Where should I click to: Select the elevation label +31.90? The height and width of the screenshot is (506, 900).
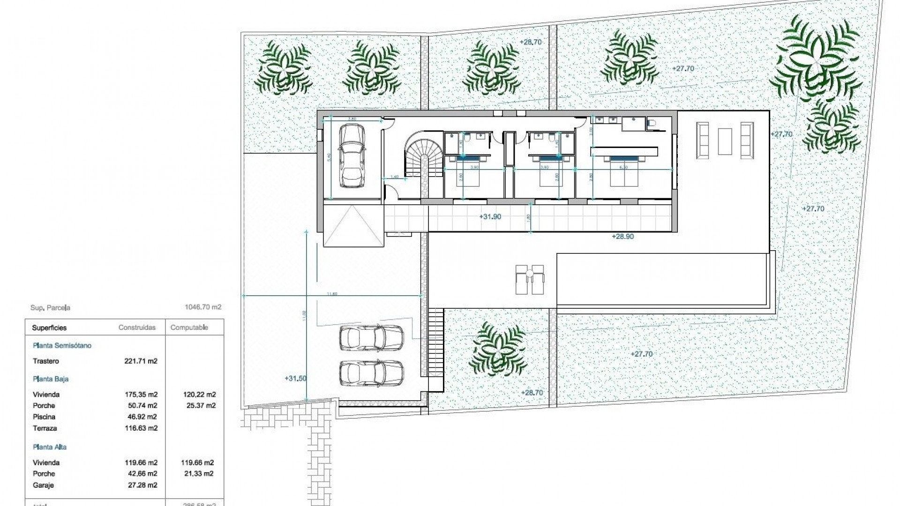[x=490, y=217]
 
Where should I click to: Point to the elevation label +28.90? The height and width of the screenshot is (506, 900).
[x=622, y=237]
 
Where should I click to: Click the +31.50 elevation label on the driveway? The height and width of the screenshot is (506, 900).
[x=295, y=378]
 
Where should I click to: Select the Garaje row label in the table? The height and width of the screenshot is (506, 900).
[x=43, y=485]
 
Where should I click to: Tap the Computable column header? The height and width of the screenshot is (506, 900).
[x=189, y=327]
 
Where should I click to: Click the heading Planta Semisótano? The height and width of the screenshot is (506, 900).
[x=62, y=346]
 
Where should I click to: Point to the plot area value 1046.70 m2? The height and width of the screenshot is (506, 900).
[x=203, y=308]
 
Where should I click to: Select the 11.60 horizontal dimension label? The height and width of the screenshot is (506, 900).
[x=332, y=294]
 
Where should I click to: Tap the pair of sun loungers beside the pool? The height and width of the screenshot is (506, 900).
[x=530, y=280]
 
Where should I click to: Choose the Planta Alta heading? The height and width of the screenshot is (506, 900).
[x=50, y=447]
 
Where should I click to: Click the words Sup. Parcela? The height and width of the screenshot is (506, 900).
[x=50, y=308]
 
